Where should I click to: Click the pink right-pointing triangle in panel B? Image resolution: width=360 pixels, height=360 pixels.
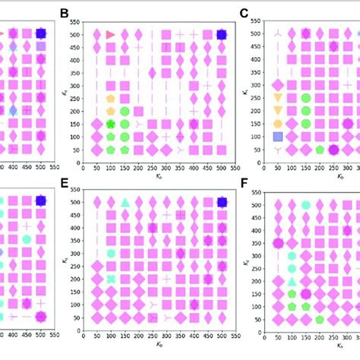(111, 35)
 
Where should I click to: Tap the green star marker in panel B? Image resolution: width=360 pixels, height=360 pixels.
(111, 124)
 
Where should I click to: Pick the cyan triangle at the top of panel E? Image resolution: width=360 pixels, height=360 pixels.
(125, 203)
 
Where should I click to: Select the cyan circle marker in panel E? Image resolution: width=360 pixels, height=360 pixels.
(111, 254)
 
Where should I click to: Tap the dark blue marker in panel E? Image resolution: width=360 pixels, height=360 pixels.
(221, 202)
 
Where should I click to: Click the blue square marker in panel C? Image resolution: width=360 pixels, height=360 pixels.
(278, 137)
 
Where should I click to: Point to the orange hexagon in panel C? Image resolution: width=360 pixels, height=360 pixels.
(278, 124)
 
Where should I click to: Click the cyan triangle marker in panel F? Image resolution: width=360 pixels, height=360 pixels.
(292, 282)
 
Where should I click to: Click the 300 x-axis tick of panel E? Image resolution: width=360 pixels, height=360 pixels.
(166, 335)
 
